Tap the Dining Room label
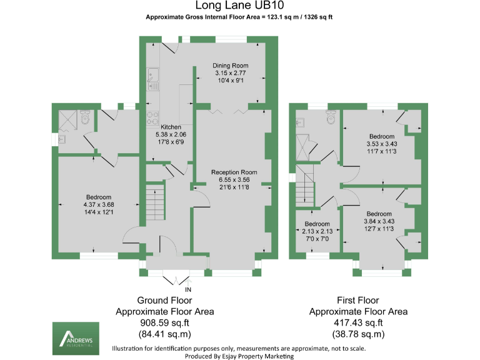[231, 66]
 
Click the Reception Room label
[234, 172]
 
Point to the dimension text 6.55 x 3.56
[234, 180]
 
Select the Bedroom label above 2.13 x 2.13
[317, 224]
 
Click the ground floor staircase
[155, 201]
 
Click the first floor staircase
[304, 186]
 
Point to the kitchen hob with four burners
[152, 117]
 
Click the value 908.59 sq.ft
[165, 322]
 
